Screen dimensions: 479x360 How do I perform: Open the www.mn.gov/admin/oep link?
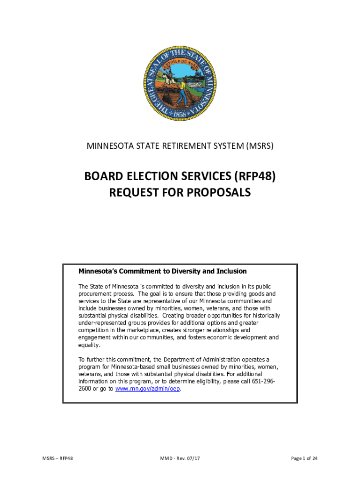tap(147, 389)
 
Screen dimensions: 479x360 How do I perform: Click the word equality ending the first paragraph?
tap(89, 345)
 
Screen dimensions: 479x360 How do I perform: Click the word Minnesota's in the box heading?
tap(99, 271)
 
